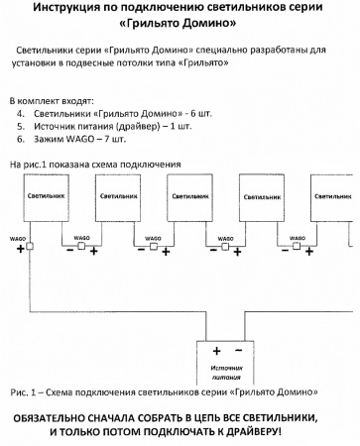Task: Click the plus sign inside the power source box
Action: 217,351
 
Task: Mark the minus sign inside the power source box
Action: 237,351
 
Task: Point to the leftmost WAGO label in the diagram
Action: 17,236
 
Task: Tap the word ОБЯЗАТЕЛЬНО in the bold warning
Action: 60,417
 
